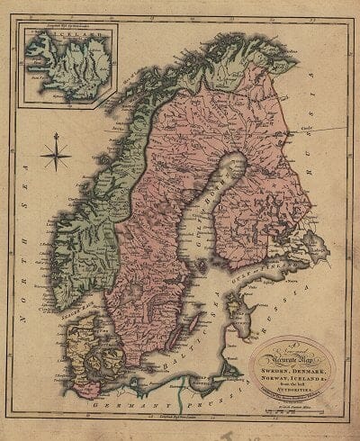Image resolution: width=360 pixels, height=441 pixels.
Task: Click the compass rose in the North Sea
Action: [x=56, y=155]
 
